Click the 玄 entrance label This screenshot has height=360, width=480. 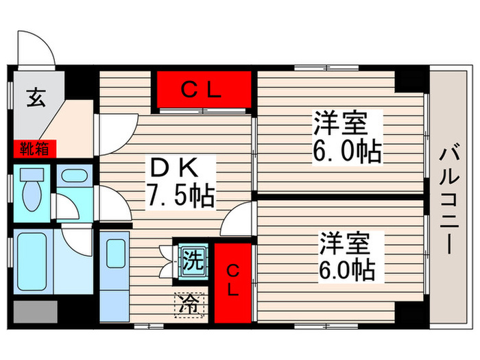point(36,99)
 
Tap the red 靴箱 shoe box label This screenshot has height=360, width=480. point(32,149)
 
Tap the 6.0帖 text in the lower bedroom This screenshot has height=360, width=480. point(346,269)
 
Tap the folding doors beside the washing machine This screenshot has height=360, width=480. point(164,261)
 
